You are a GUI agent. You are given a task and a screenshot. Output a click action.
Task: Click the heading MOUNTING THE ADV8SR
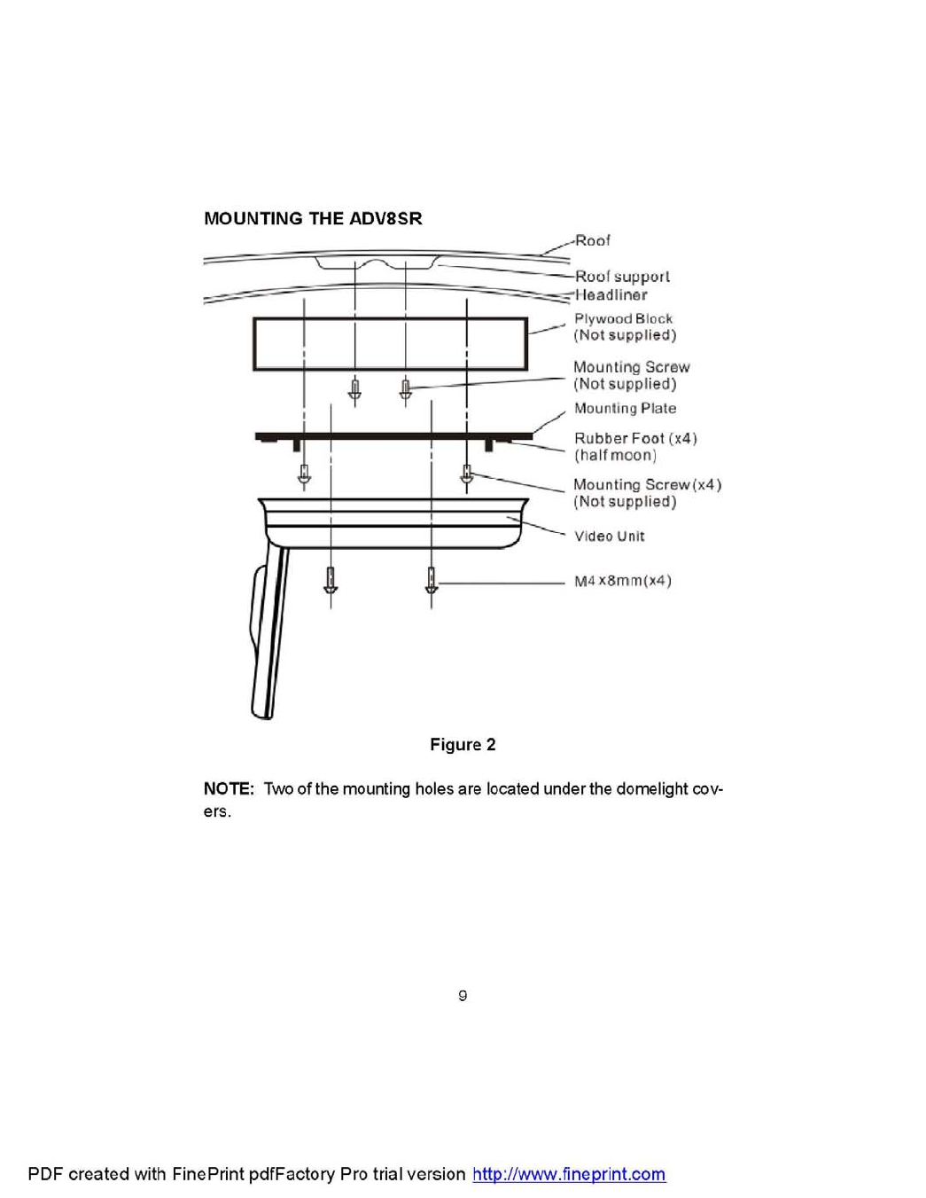313,219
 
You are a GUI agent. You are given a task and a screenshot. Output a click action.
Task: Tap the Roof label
592,240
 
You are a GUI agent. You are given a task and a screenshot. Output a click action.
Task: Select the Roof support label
622,277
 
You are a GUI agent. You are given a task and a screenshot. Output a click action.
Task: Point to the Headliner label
611,294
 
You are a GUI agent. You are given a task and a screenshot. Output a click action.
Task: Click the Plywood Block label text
623,318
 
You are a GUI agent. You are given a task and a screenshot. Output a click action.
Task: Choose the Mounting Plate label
625,408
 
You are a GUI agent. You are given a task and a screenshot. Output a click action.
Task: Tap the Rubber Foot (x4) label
634,438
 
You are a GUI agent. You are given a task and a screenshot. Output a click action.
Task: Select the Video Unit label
609,536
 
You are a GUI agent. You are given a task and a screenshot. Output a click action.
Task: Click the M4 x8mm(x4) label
622,581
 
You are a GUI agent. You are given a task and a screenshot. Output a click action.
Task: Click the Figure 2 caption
463,745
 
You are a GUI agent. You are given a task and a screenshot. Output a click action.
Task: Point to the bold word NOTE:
229,789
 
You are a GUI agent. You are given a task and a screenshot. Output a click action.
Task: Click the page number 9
463,996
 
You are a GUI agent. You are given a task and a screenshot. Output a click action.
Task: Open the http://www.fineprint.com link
569,1174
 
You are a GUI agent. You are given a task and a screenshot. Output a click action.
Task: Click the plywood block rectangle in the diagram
390,343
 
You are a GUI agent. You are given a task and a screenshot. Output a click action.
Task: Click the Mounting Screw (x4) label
647,485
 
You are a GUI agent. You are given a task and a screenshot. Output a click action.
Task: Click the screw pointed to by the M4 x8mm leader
432,582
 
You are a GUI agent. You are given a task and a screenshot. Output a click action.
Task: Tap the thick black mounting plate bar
393,435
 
